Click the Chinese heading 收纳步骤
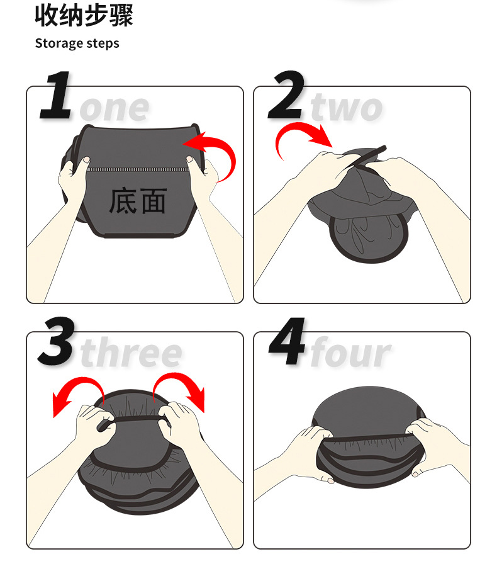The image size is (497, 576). click(x=84, y=16)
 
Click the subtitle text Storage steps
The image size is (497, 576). click(x=77, y=43)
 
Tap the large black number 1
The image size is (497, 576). click(x=57, y=96)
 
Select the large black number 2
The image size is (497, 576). click(x=287, y=96)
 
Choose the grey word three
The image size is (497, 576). click(x=131, y=354)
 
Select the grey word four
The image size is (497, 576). click(x=350, y=354)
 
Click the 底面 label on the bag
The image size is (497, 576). click(x=138, y=201)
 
